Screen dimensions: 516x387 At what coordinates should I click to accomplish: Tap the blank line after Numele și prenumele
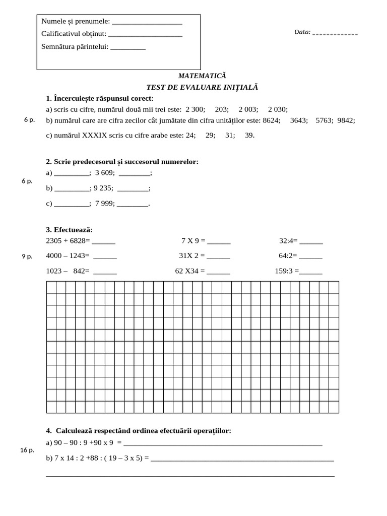point(146,22)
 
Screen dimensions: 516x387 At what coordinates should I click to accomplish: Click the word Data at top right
point(302,32)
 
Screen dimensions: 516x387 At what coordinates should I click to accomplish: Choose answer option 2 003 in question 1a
point(248,109)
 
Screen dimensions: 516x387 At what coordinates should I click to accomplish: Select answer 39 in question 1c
point(249,136)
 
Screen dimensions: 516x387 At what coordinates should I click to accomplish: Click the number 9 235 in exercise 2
point(103,188)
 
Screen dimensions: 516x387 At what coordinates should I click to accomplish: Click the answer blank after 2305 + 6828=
point(103,241)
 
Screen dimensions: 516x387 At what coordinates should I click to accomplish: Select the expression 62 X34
point(186,271)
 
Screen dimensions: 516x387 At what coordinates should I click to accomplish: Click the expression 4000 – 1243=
point(67,256)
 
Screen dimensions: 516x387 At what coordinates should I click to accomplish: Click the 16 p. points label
point(27,450)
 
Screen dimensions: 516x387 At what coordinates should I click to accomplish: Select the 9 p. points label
point(27,256)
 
